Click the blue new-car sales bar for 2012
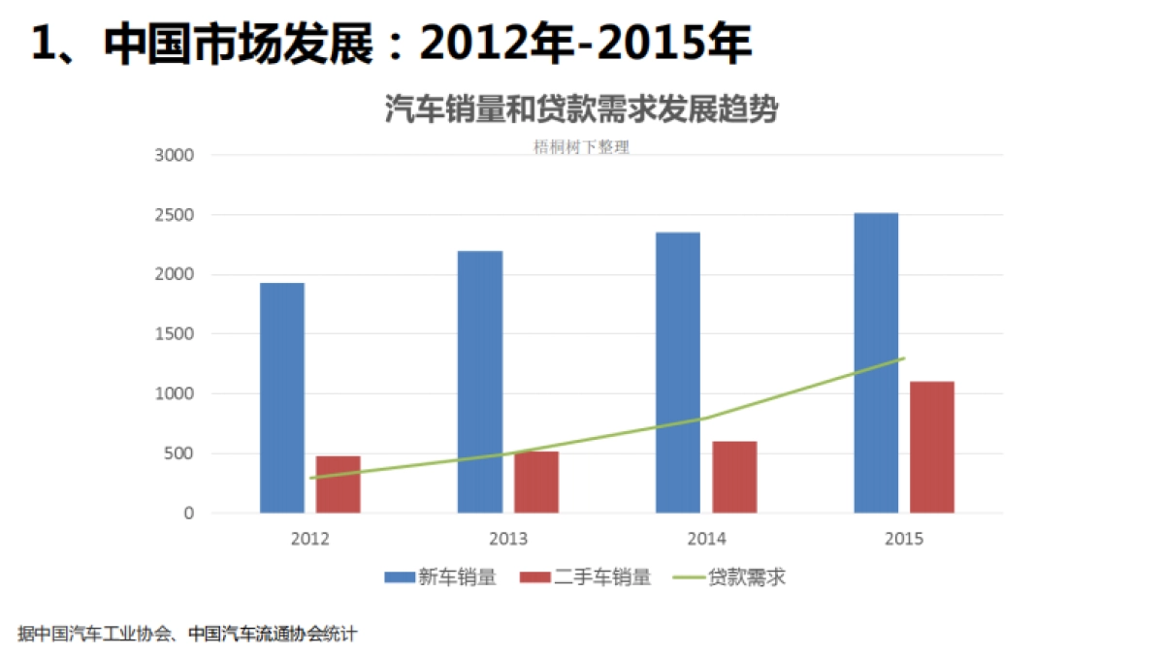pos(282,397)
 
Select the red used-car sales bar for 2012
pos(339,483)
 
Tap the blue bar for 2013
pos(480,382)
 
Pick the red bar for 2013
pos(536,482)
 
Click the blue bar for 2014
pos(678,372)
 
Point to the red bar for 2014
pos(734,477)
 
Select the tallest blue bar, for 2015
pos(876,362)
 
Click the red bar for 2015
pos(932,447)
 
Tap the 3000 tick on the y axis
pos(176,155)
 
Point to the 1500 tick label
pos(176,334)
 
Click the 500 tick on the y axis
pos(179,453)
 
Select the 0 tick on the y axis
pos(189,514)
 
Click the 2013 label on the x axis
pos(508,539)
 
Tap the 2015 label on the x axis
pos(904,539)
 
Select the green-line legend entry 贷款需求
pos(746,577)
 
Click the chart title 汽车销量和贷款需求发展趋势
pos(581,109)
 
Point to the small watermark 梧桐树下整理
pos(581,148)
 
